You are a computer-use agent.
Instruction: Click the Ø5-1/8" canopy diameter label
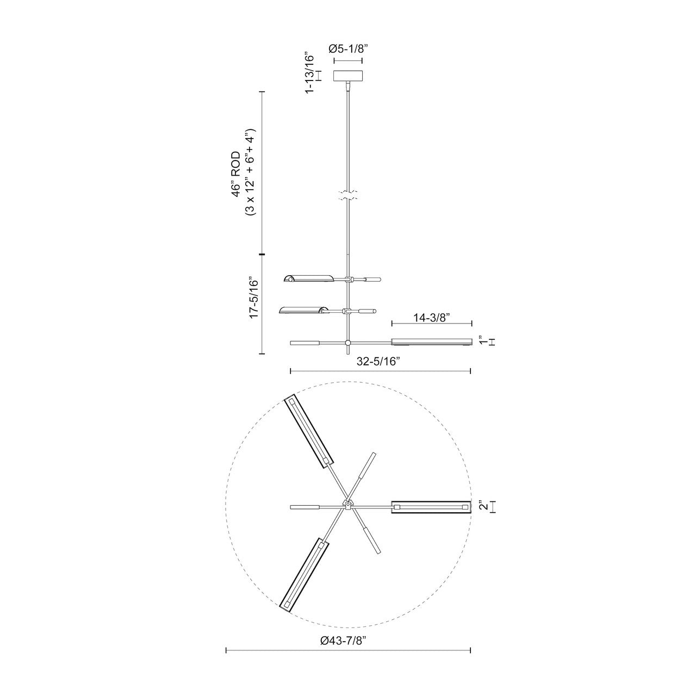pos(348,48)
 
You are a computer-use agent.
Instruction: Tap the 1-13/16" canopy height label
pos(309,74)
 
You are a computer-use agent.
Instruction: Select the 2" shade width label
pos(482,506)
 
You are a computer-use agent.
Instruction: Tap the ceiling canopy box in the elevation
pos(348,76)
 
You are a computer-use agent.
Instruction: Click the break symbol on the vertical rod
pos(347,197)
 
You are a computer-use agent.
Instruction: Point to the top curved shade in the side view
pos(308,279)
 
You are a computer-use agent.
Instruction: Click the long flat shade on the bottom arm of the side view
pos(431,342)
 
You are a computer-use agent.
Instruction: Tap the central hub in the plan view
pos(347,506)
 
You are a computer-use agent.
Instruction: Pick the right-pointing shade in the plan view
pos(431,506)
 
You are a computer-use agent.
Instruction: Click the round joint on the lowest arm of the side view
pos(347,343)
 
